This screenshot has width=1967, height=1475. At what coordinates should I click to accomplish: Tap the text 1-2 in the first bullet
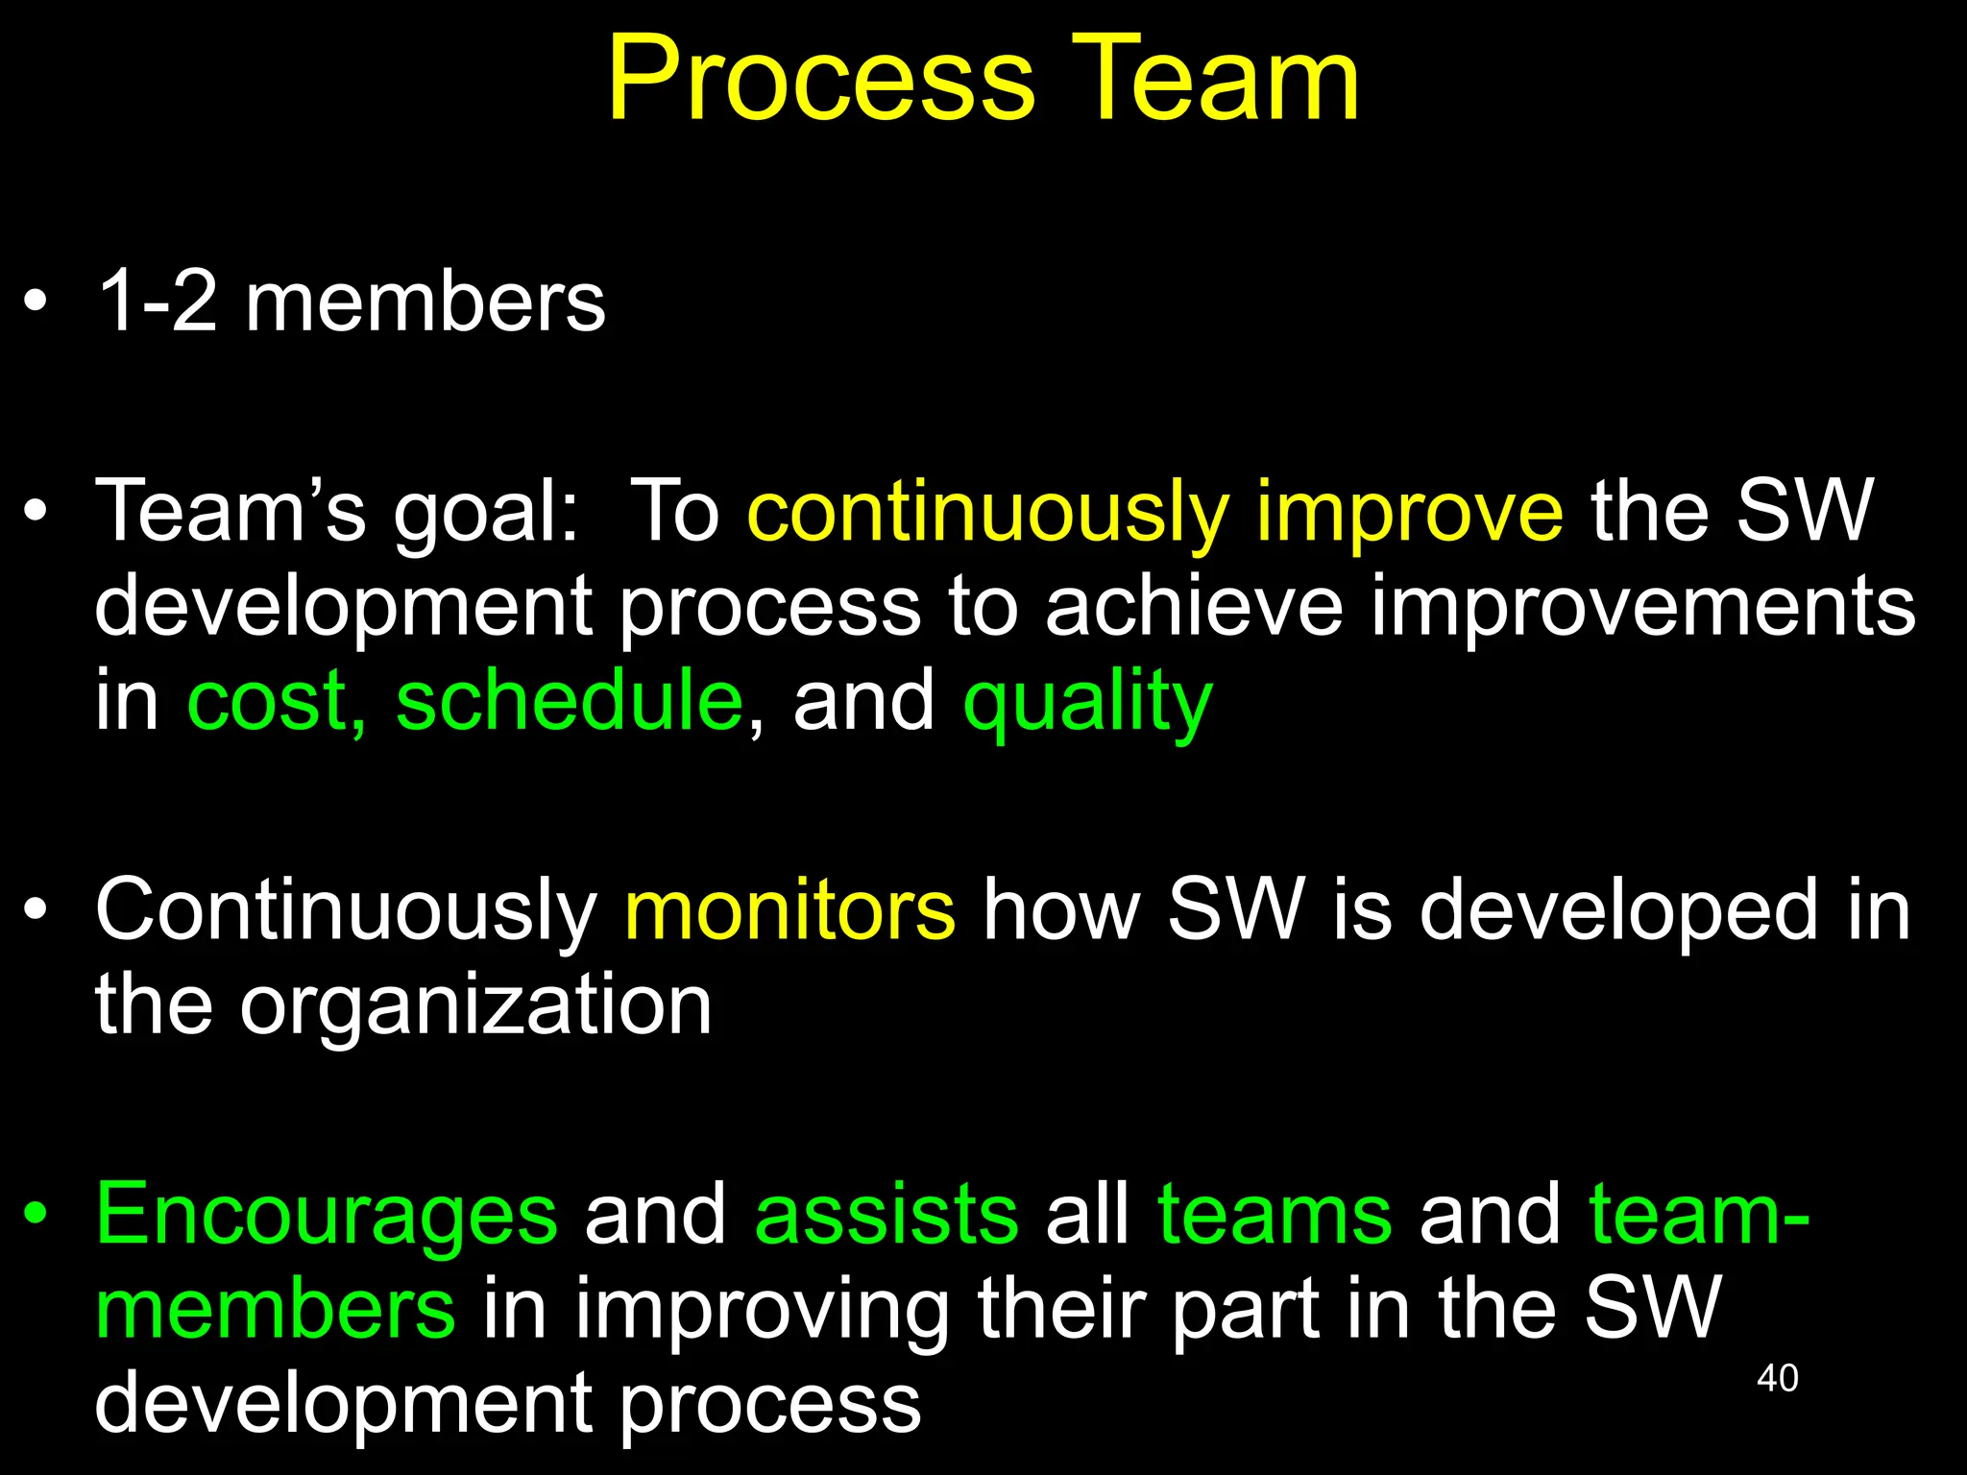[158, 302]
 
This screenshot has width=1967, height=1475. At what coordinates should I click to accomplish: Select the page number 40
[1777, 1378]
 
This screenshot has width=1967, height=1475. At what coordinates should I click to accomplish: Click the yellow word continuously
[988, 512]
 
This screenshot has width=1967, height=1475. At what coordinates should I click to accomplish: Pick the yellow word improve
[1409, 512]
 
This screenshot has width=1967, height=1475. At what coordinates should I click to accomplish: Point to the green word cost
[275, 701]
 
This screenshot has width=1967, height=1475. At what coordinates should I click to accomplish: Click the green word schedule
[569, 701]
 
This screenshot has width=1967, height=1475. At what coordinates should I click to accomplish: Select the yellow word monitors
[789, 909]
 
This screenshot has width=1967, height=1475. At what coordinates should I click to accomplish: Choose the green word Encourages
[326, 1216]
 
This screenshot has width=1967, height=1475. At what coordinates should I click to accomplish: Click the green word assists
[886, 1214]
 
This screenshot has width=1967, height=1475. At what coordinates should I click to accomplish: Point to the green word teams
[1275, 1214]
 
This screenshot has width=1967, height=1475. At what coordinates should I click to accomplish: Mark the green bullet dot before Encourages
[36, 1214]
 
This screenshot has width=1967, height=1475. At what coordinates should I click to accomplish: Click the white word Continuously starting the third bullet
[346, 911]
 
